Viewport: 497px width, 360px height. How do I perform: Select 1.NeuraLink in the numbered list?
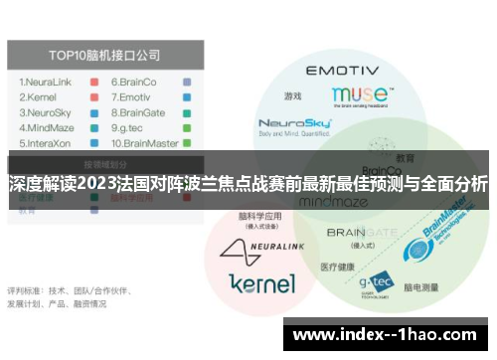(x=48, y=83)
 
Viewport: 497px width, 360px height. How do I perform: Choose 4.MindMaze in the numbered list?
(x=49, y=128)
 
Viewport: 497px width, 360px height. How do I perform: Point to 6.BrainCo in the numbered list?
(x=133, y=83)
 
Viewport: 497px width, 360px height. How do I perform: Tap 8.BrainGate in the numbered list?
(x=138, y=114)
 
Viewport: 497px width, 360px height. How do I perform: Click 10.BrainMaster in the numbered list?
(x=145, y=143)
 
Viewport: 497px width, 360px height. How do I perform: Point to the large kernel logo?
(x=261, y=282)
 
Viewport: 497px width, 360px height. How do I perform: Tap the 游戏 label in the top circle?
(x=291, y=96)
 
